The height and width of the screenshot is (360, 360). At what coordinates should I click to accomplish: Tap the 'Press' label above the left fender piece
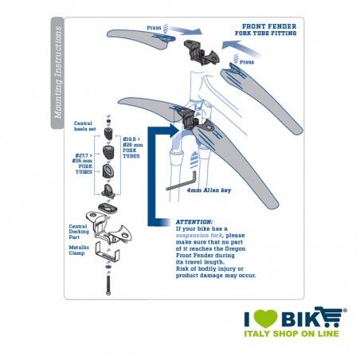point(155,28)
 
